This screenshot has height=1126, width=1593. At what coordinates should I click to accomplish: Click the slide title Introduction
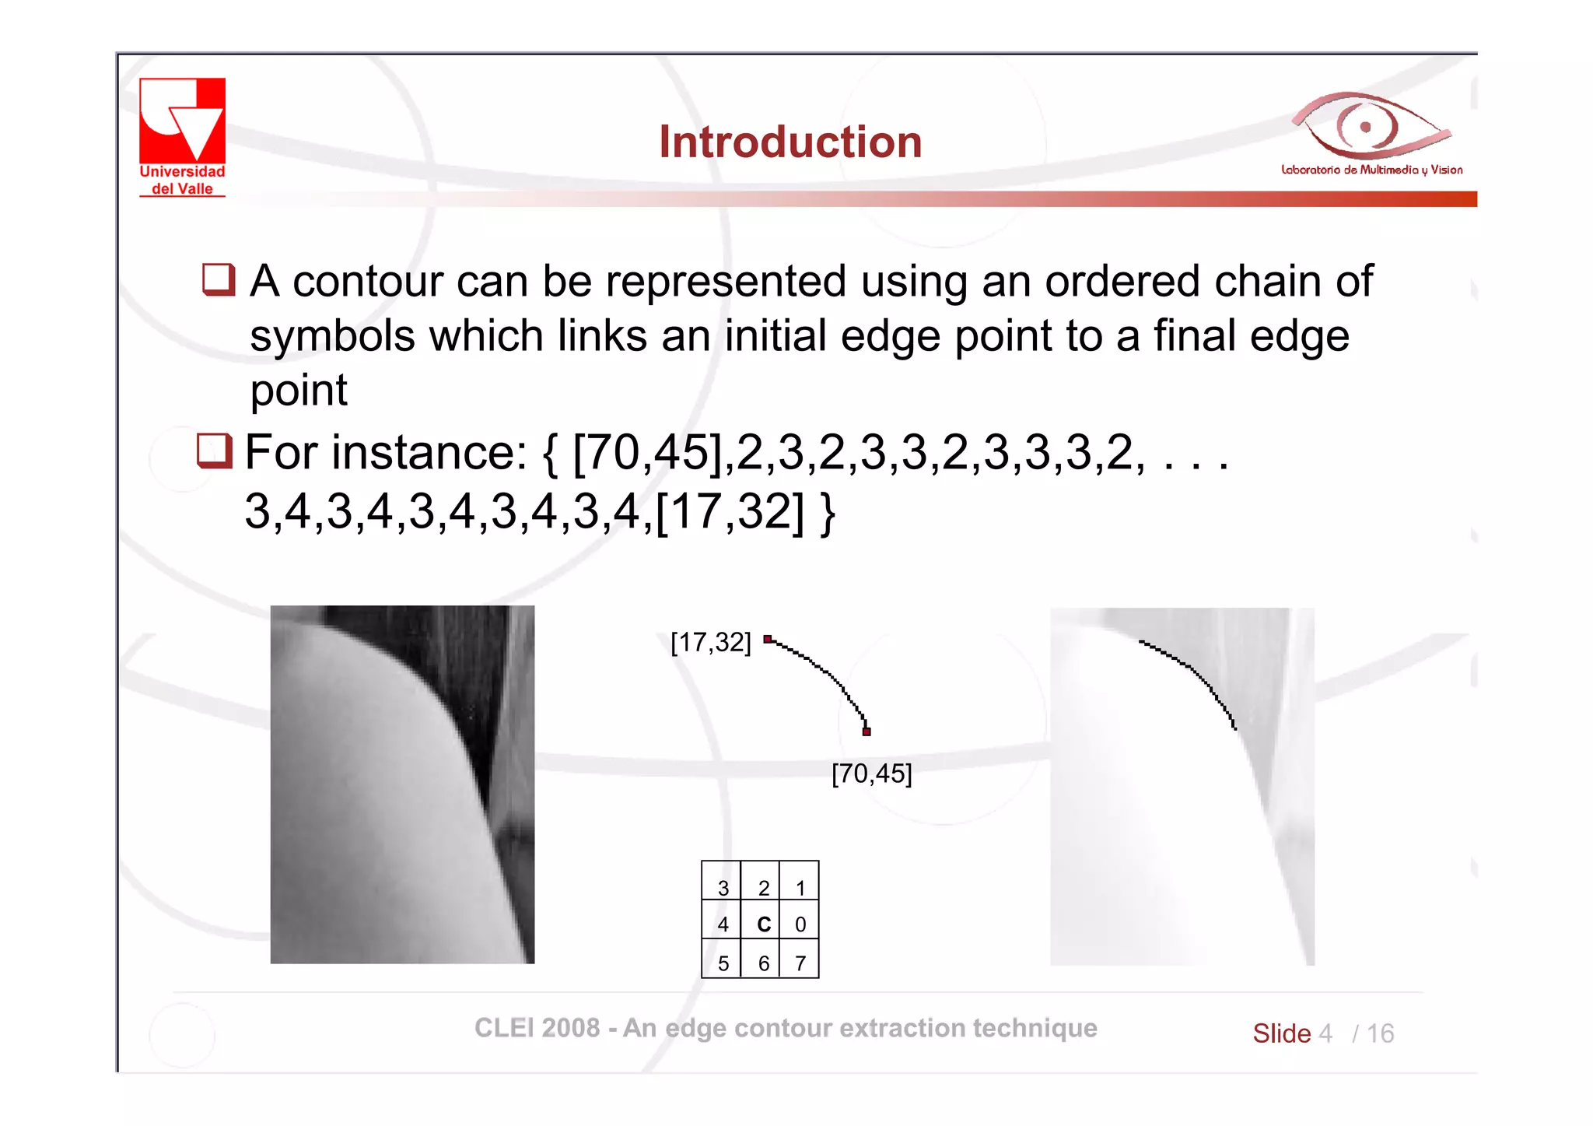(x=790, y=142)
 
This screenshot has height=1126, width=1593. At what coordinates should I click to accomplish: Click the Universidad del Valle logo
(x=182, y=136)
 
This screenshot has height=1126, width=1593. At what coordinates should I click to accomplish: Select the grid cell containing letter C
(x=762, y=924)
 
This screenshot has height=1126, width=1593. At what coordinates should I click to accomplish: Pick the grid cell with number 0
(x=800, y=924)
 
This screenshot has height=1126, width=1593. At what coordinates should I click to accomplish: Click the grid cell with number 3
(x=723, y=886)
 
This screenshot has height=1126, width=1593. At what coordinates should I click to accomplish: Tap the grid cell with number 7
(x=800, y=963)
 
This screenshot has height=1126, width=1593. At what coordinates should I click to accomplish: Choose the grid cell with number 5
(x=723, y=963)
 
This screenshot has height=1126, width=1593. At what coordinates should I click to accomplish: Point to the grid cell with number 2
(x=762, y=886)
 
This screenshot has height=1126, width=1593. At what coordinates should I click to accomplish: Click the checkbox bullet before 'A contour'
(x=219, y=279)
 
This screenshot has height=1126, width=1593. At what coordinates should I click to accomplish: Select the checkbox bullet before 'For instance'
(x=214, y=451)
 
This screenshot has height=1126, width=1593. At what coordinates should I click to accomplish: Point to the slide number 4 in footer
(x=1325, y=1033)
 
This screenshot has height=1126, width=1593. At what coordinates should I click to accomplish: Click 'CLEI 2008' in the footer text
(x=537, y=1028)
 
